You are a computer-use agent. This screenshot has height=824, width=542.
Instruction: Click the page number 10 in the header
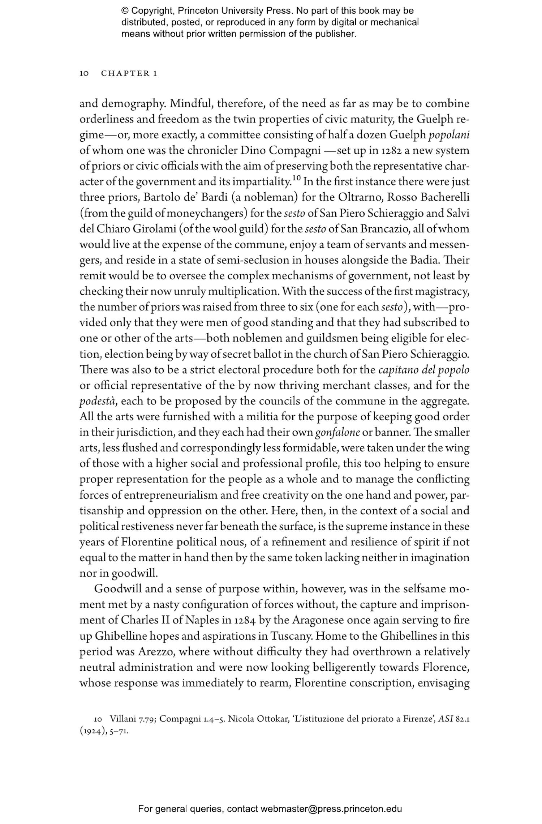84,74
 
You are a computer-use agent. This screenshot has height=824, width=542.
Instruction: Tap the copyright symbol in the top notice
125,11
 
